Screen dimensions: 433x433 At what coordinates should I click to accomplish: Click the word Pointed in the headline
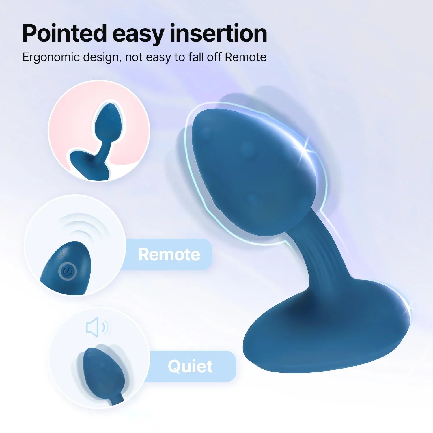[x=64, y=33]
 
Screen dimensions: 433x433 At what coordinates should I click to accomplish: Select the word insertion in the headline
[x=218, y=33]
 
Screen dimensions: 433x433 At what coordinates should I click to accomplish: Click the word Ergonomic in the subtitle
[x=51, y=57]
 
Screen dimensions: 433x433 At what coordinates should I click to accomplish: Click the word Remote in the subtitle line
[x=246, y=57]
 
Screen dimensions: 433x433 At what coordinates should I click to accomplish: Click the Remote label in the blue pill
[x=169, y=254]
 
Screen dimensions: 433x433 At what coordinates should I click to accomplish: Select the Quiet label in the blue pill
[x=190, y=366]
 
